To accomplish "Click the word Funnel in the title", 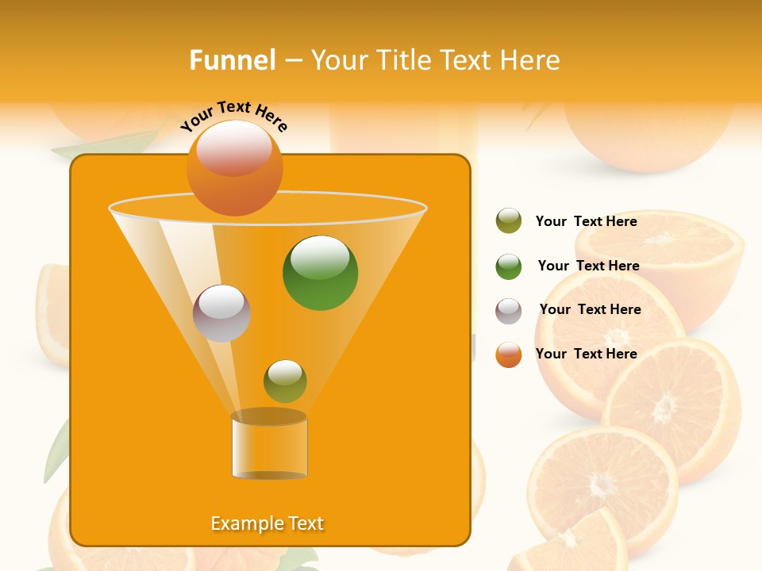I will [233, 60].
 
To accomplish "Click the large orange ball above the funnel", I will [234, 168].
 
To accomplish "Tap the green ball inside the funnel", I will [320, 274].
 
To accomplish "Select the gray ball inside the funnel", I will [221, 313].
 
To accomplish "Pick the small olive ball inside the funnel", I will [285, 381].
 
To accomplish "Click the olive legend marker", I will [509, 221].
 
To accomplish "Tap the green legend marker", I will [509, 266].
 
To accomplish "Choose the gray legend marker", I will [509, 311].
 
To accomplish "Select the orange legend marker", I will [509, 354].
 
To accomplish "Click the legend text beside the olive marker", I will [586, 221].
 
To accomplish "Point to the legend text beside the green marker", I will [588, 266].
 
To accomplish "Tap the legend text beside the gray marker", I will [590, 309].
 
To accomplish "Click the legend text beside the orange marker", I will [586, 354].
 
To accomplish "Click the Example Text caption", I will [267, 523].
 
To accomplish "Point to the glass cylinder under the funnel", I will [269, 446].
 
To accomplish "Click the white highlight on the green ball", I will [320, 257].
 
